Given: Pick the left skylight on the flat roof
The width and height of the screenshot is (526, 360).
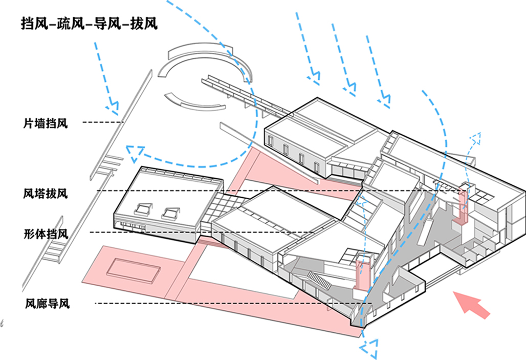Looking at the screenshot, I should click(143, 208).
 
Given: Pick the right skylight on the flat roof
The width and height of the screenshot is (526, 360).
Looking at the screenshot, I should click(170, 211).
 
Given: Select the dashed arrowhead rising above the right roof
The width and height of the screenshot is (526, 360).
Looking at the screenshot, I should click(475, 138).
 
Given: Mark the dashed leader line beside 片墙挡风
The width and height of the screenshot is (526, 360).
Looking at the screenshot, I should click(103, 122).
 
